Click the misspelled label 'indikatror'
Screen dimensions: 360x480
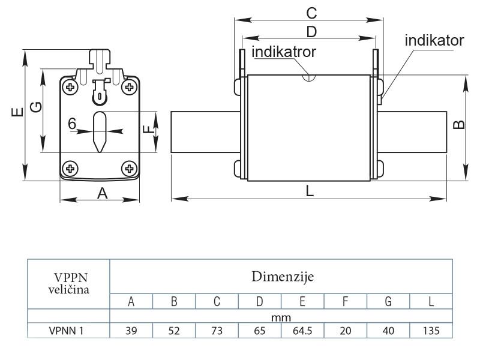click(x=284, y=52)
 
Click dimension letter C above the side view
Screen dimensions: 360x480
click(x=311, y=13)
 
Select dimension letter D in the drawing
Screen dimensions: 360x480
click(x=311, y=31)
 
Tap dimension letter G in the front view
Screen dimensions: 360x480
click(x=36, y=107)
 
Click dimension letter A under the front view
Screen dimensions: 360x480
click(x=102, y=193)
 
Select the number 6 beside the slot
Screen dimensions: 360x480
click(x=72, y=124)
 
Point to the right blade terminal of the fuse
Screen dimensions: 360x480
click(x=414, y=132)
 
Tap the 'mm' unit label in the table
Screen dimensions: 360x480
click(x=281, y=316)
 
